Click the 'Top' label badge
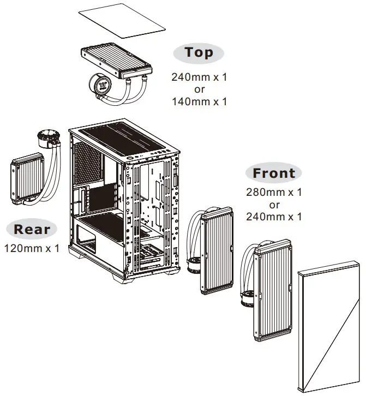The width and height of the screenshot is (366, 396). tap(199, 52)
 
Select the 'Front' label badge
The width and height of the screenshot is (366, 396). tap(274, 173)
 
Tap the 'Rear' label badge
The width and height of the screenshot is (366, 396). tap(32, 229)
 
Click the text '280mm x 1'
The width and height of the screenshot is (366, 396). tap(274, 193)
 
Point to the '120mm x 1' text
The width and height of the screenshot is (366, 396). tap(32, 248)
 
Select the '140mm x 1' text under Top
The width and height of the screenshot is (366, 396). tap(199, 101)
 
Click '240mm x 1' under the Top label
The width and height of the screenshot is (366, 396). tap(199, 77)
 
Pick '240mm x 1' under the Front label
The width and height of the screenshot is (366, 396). tap(274, 217)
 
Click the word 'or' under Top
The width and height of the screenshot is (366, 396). tap(199, 89)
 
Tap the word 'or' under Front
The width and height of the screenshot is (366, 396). tap(274, 205)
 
